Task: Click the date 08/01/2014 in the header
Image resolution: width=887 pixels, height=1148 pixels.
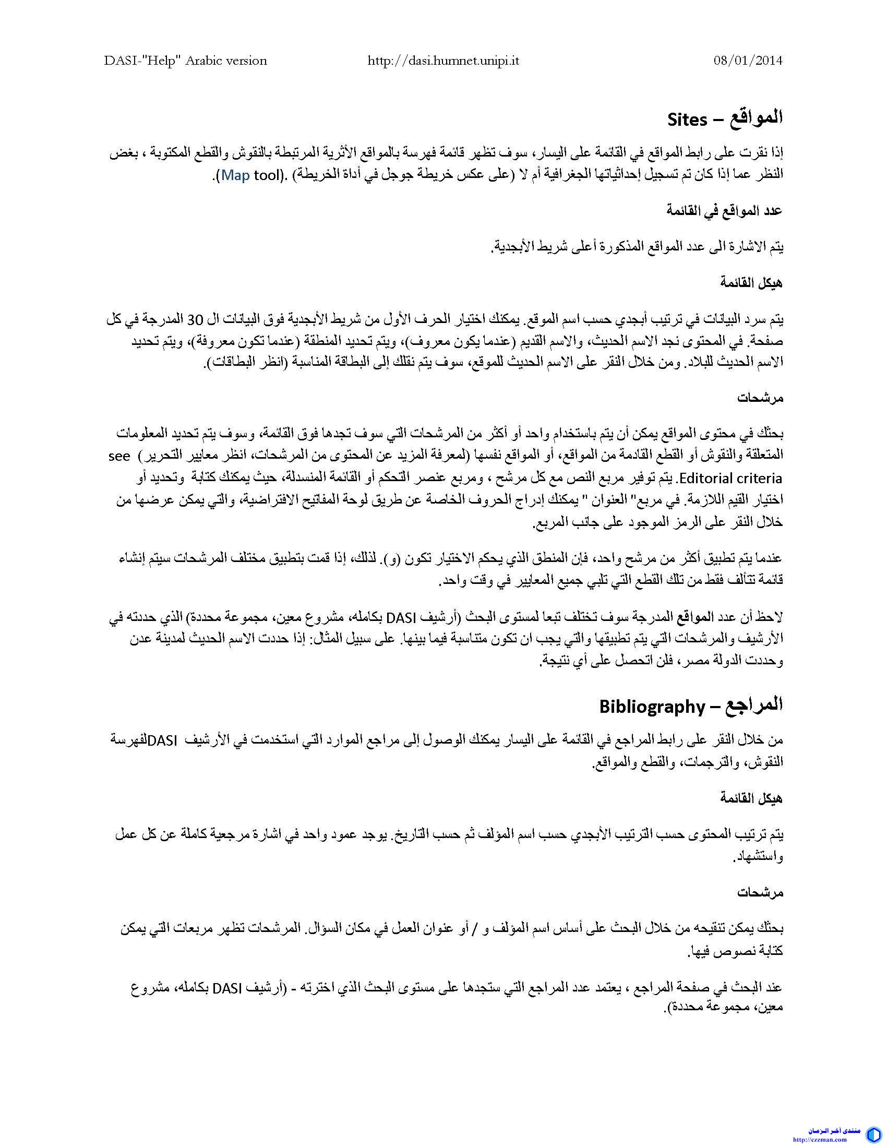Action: (748, 61)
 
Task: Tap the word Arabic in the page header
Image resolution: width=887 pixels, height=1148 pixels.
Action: (204, 61)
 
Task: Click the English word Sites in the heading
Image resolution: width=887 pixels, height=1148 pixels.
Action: (687, 120)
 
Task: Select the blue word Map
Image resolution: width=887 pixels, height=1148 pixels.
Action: (235, 175)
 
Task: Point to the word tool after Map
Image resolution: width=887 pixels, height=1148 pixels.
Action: (269, 175)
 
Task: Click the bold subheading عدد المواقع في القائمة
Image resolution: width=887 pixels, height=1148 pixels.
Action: (725, 211)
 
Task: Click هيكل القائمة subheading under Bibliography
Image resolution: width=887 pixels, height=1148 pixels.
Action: (751, 799)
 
